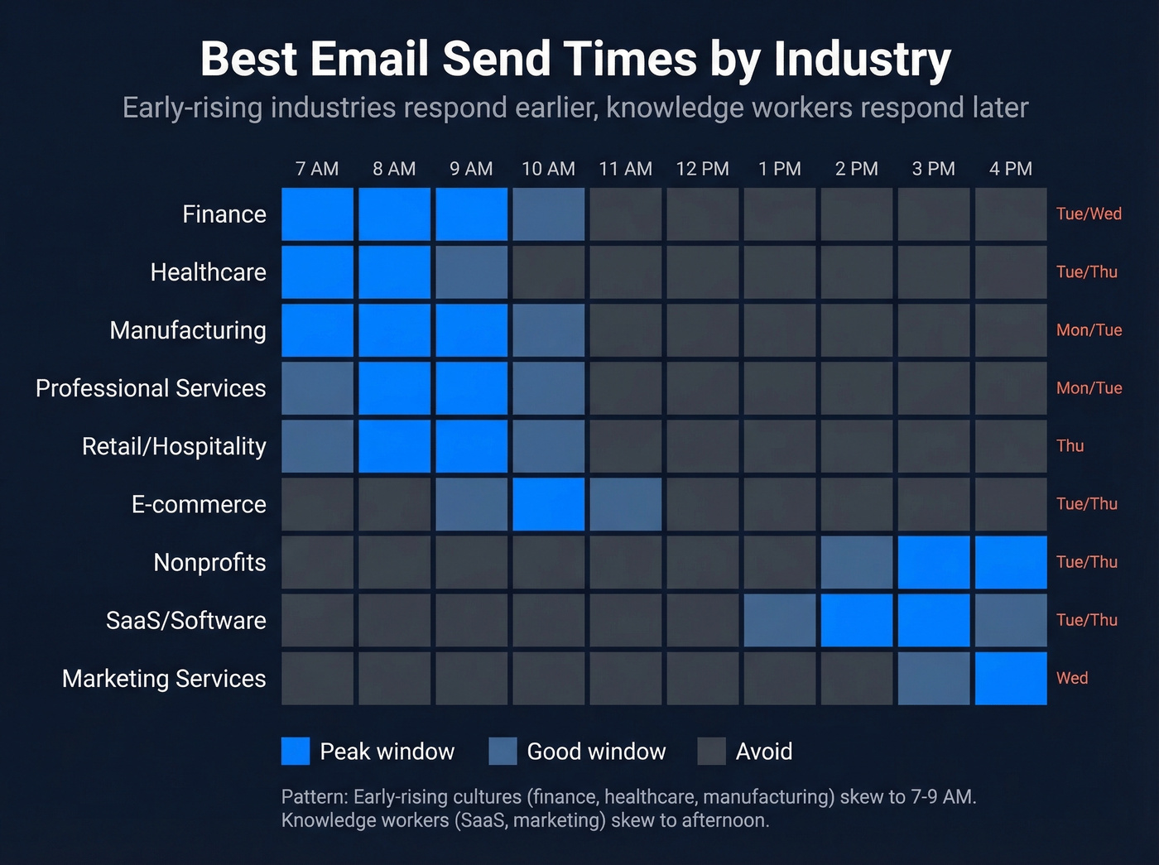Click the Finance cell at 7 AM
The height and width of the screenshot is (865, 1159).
click(317, 214)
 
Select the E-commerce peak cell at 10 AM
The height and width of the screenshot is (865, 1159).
click(548, 504)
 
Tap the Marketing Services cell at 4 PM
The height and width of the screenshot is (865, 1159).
click(1011, 678)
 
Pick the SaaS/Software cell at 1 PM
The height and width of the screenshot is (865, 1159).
click(780, 620)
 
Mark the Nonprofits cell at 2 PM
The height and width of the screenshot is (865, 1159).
click(857, 562)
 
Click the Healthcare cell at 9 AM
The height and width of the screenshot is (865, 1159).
click(471, 272)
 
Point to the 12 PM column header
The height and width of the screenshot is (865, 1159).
click(702, 169)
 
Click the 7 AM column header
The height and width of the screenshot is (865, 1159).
click(317, 169)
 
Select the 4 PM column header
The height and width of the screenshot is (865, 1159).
click(1011, 169)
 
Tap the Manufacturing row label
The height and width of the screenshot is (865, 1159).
click(188, 330)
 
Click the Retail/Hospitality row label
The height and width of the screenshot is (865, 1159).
click(174, 446)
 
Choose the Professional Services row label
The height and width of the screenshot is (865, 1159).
click(151, 388)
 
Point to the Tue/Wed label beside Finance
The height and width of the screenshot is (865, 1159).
click(1089, 214)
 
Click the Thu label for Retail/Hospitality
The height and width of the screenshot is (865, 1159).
click(1070, 445)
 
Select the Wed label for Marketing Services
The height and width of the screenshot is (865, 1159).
click(1072, 678)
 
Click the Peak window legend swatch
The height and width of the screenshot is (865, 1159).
click(296, 751)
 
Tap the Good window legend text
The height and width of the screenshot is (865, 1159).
click(596, 752)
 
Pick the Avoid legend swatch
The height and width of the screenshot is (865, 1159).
click(711, 751)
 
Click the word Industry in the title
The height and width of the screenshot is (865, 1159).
click(862, 60)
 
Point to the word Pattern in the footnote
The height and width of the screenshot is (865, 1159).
click(314, 797)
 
